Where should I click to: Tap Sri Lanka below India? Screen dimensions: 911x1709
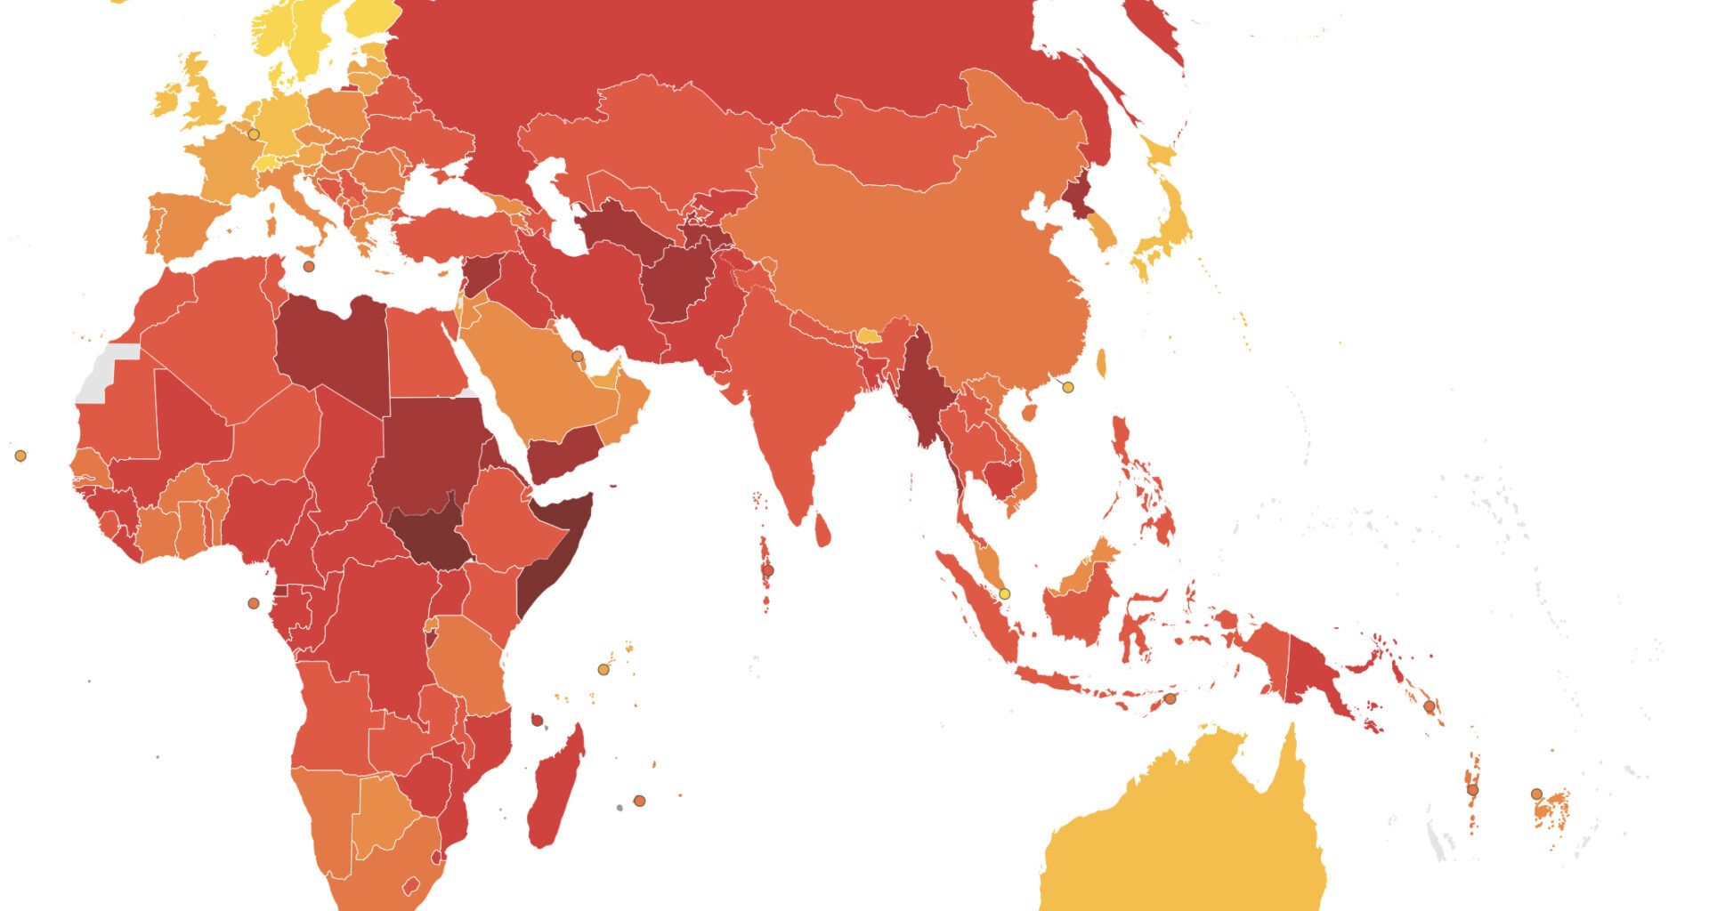(x=823, y=529)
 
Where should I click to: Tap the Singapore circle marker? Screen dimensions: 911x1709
(x=1005, y=593)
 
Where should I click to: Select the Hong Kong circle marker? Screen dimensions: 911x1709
(x=1068, y=387)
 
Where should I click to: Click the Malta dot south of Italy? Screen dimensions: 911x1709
(x=309, y=266)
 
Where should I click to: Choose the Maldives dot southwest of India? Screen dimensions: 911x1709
(x=768, y=570)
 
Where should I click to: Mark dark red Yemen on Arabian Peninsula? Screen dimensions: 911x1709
(x=561, y=449)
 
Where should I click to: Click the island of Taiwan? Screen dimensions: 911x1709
(x=1101, y=363)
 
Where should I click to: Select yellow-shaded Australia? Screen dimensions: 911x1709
(x=1184, y=836)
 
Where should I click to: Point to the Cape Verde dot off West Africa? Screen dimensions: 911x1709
(x=20, y=455)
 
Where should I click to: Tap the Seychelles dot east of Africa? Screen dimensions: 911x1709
(x=603, y=669)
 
